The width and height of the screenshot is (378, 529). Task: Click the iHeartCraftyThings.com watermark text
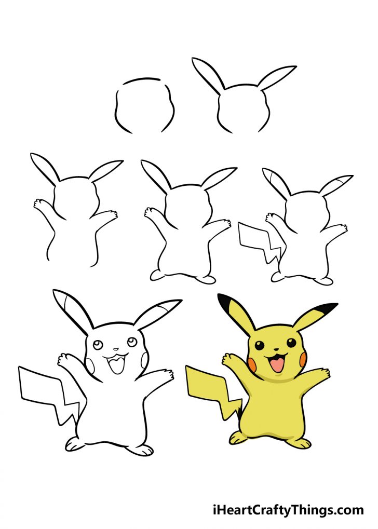click(x=288, y=510)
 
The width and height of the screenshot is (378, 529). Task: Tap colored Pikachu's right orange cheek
click(x=301, y=358)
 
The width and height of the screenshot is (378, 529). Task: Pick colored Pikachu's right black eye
click(x=291, y=343)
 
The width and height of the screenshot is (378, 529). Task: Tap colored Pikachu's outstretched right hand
click(x=322, y=374)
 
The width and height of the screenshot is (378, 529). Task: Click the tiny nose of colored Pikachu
click(x=276, y=349)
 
